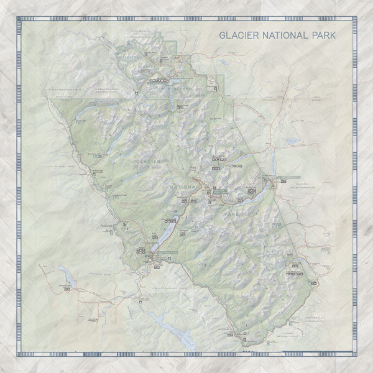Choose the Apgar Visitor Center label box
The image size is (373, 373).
click(x=167, y=253)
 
